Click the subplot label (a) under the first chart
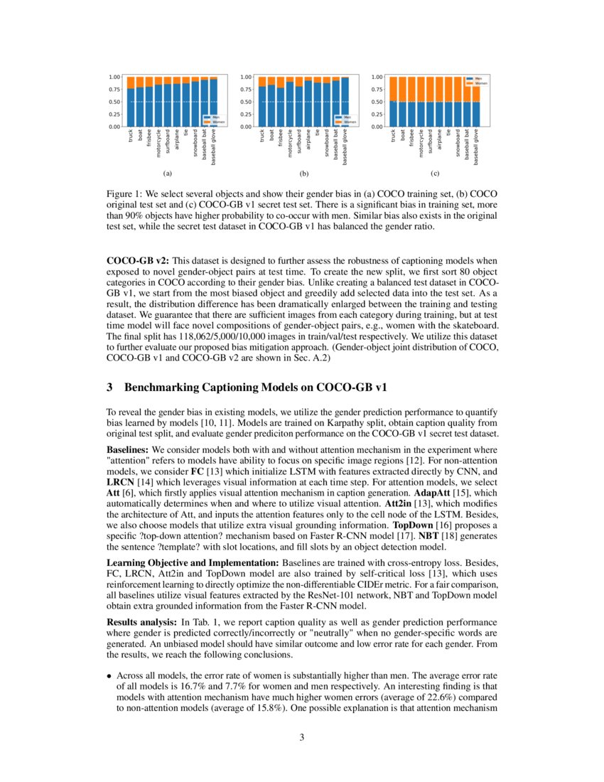coord(167,173)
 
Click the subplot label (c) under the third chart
coord(435,173)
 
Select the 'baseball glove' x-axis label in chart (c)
coord(476,146)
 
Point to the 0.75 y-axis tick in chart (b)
coord(246,89)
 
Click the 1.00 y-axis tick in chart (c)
coord(378,77)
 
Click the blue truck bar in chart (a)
coord(131,107)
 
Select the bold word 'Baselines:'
coord(128,450)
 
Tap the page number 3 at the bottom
coord(302,737)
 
